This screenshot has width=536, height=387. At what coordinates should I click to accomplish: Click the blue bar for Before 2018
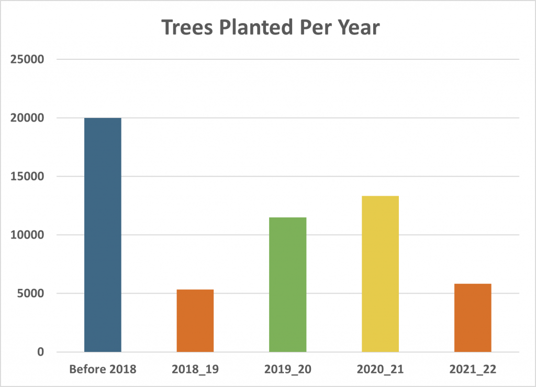point(103,234)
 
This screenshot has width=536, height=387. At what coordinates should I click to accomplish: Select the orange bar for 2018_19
point(195,320)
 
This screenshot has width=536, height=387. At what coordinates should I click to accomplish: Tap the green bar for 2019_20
point(287,284)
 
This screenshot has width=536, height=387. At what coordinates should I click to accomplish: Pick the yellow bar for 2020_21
point(380,274)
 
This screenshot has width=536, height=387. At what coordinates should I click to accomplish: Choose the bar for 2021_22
point(472,317)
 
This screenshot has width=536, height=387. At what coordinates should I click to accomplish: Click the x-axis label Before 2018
point(103,369)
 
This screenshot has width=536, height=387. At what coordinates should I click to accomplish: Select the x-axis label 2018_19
point(195,369)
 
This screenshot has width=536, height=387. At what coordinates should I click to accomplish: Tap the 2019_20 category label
point(287,369)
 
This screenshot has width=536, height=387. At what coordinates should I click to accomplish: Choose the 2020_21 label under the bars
point(380,369)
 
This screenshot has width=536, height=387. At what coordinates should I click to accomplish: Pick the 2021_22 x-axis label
point(472,369)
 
